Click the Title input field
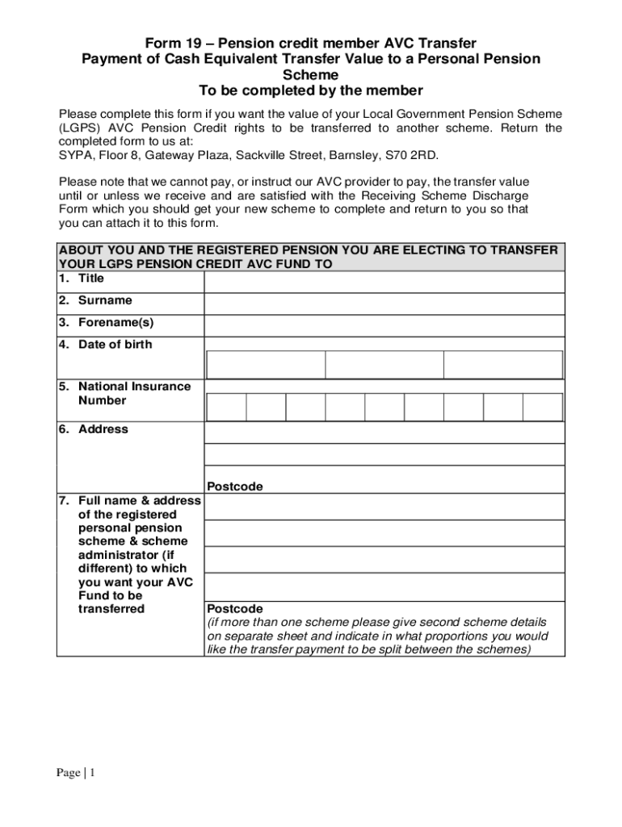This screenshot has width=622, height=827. click(x=384, y=282)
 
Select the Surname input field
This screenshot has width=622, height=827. click(x=384, y=304)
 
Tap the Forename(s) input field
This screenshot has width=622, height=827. click(x=384, y=325)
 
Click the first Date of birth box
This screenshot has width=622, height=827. click(x=266, y=365)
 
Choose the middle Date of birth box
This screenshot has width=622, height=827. click(x=385, y=365)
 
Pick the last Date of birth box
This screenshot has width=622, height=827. click(x=503, y=365)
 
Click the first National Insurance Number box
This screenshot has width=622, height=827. click(x=227, y=407)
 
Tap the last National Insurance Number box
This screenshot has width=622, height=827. click(x=543, y=407)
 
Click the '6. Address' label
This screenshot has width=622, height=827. click(x=93, y=429)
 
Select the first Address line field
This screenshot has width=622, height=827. click(x=384, y=434)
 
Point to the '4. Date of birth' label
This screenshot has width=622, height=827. click(x=105, y=345)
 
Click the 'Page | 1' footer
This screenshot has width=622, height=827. click(x=76, y=774)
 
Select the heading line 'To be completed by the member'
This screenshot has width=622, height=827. click(x=310, y=90)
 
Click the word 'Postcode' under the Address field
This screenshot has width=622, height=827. click(x=235, y=486)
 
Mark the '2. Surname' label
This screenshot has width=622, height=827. click(x=95, y=300)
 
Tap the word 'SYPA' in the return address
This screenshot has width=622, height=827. click(x=74, y=155)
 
